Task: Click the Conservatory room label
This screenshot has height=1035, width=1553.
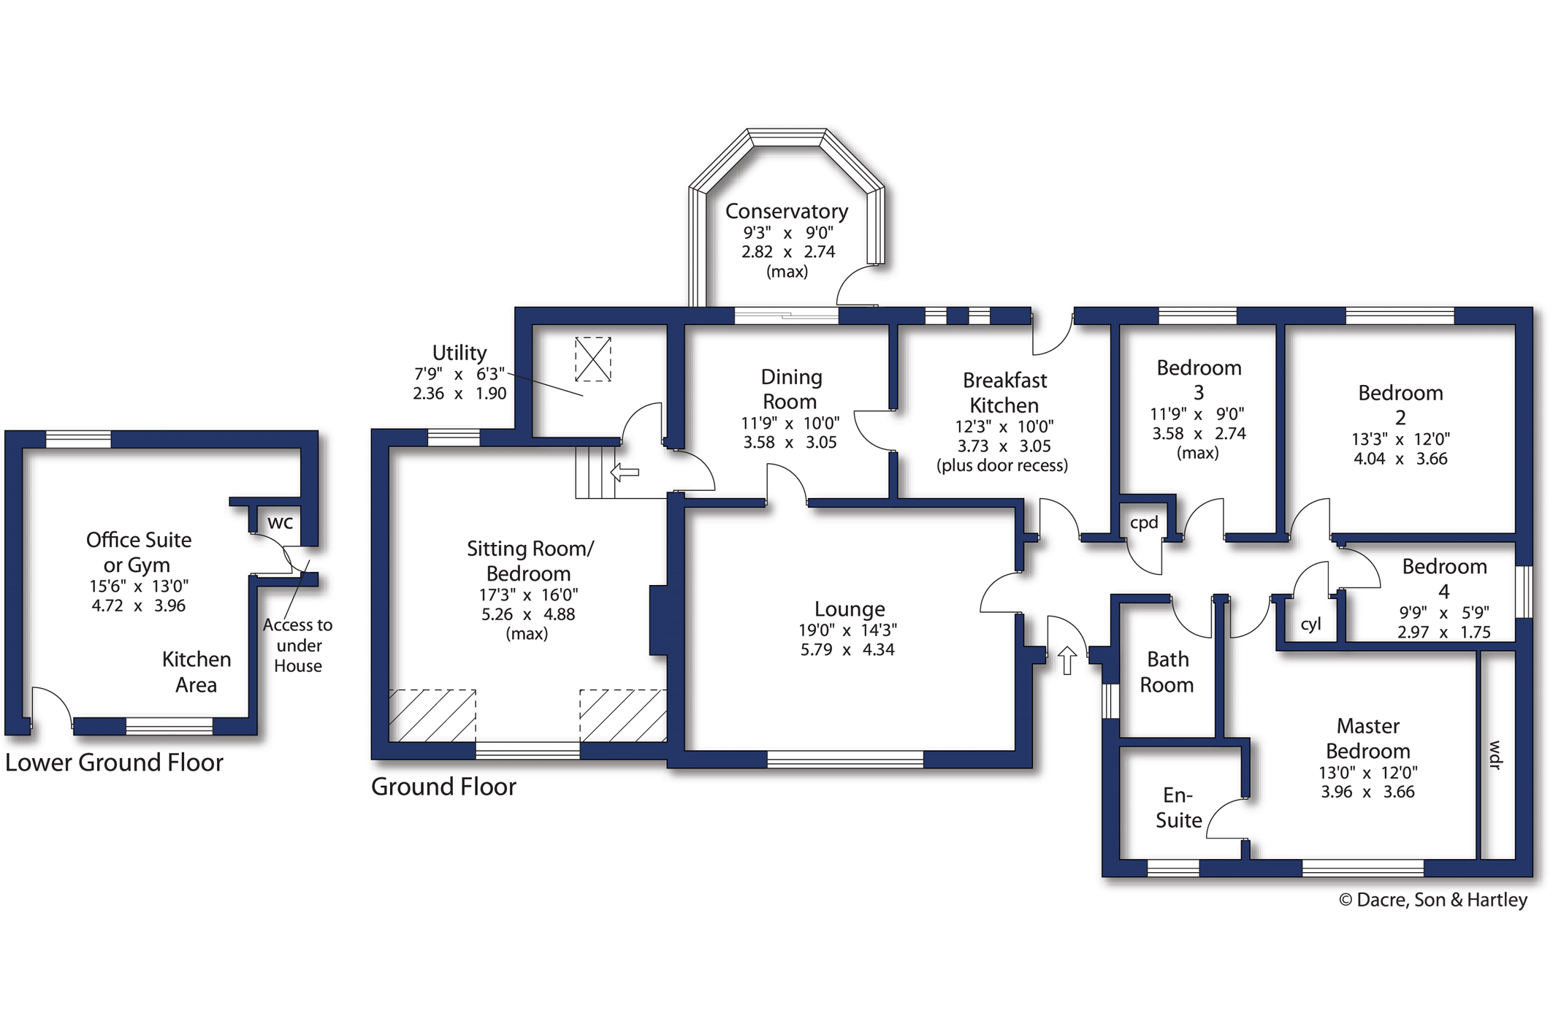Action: pos(787,211)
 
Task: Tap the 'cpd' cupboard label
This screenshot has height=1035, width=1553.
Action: pos(1144,523)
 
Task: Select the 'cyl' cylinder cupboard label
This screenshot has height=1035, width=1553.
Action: pos(1310,624)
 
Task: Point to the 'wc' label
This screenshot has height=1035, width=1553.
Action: pos(281,522)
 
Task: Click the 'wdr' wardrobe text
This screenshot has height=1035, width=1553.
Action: pos(1495,755)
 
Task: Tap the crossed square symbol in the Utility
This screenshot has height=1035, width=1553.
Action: pos(592,359)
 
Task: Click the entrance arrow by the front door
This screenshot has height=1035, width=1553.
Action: pos(1067,660)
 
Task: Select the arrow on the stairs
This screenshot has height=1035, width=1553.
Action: pos(625,473)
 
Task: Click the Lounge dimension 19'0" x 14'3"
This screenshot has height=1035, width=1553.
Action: pos(847,630)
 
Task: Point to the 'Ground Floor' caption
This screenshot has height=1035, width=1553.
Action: pos(443,787)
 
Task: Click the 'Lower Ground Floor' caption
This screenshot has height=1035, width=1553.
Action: pos(114,763)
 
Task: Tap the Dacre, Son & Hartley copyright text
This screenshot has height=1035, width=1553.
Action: pos(1432,900)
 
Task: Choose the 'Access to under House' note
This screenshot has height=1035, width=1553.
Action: pos(298,646)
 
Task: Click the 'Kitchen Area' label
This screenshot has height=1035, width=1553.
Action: pos(196,672)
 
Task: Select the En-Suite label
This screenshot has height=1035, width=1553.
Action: pos(1178,807)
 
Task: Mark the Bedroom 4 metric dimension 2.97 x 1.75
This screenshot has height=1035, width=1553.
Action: pos(1443,633)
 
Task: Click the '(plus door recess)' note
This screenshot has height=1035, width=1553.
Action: pos(1002,466)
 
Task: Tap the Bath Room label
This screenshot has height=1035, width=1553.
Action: pos(1167,672)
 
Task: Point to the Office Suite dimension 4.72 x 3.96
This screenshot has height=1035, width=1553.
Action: pos(138,606)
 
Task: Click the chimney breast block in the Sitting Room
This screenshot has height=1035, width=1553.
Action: pos(658,620)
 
